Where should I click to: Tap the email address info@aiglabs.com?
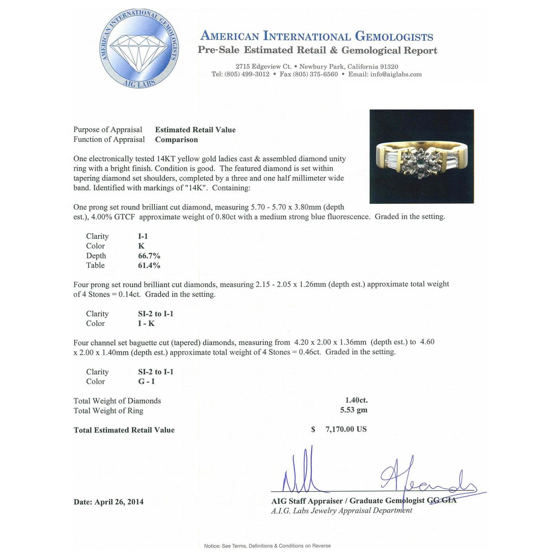pos(396,74)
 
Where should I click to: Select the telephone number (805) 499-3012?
pos(246,74)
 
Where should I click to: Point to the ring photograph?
pos(421,156)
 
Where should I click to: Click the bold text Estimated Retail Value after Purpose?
pos(195,130)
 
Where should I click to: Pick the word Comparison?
pos(176,140)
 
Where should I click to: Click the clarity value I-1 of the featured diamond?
pos(143,236)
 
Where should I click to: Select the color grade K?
pos(141,246)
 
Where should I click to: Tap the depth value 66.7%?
pos(149,256)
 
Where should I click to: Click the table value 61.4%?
pos(149,266)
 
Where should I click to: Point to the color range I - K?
pos(146,324)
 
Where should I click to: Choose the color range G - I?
pos(146,382)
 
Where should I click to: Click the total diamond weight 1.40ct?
pos(356,400)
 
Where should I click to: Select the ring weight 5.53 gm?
pos(354,410)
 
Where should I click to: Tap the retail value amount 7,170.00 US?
pos(346,429)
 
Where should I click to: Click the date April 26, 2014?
pos(119,502)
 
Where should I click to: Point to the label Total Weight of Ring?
pos(108,411)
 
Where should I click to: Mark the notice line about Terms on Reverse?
pos(267,546)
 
